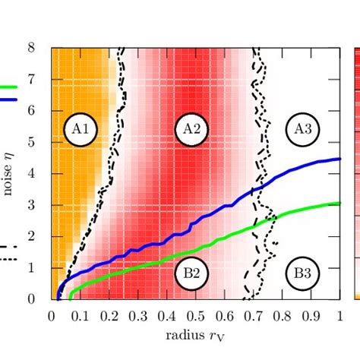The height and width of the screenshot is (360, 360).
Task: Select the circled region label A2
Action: (191, 130)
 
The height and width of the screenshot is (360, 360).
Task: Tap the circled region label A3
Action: (302, 130)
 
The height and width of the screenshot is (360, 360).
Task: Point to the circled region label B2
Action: (191, 272)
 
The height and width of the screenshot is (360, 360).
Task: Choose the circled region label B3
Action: (302, 272)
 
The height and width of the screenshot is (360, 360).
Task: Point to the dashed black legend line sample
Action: (8, 246)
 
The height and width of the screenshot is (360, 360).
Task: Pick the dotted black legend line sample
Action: (8, 259)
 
